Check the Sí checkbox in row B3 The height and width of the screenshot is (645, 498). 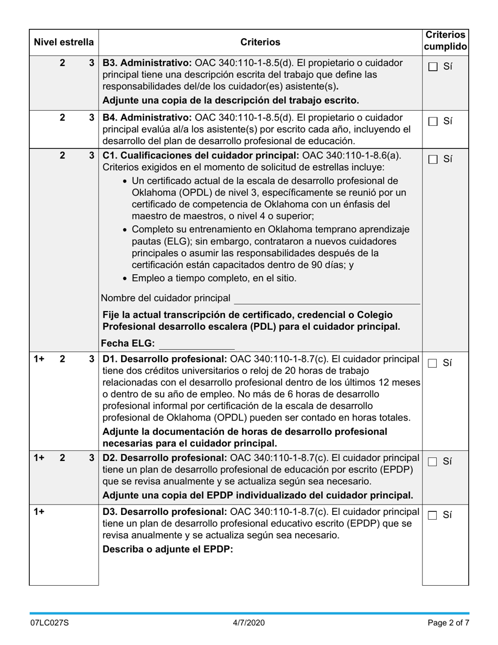(433, 67)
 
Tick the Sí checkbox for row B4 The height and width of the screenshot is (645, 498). (433, 121)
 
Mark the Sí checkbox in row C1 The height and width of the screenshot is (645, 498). (433, 159)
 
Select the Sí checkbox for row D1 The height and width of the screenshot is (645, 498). (433, 363)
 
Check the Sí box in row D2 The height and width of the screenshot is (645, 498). (433, 461)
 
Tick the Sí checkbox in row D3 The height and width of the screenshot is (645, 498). (433, 515)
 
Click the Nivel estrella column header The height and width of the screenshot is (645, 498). (63, 42)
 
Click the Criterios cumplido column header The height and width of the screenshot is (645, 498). (445, 40)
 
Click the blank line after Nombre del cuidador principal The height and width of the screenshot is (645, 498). (326, 299)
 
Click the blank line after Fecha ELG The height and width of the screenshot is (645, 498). (196, 345)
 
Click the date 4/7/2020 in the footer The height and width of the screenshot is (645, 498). (249, 623)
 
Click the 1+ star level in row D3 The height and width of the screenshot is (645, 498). (39, 511)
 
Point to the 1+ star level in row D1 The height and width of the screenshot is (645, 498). (39, 359)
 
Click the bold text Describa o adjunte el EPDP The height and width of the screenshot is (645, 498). (168, 550)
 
